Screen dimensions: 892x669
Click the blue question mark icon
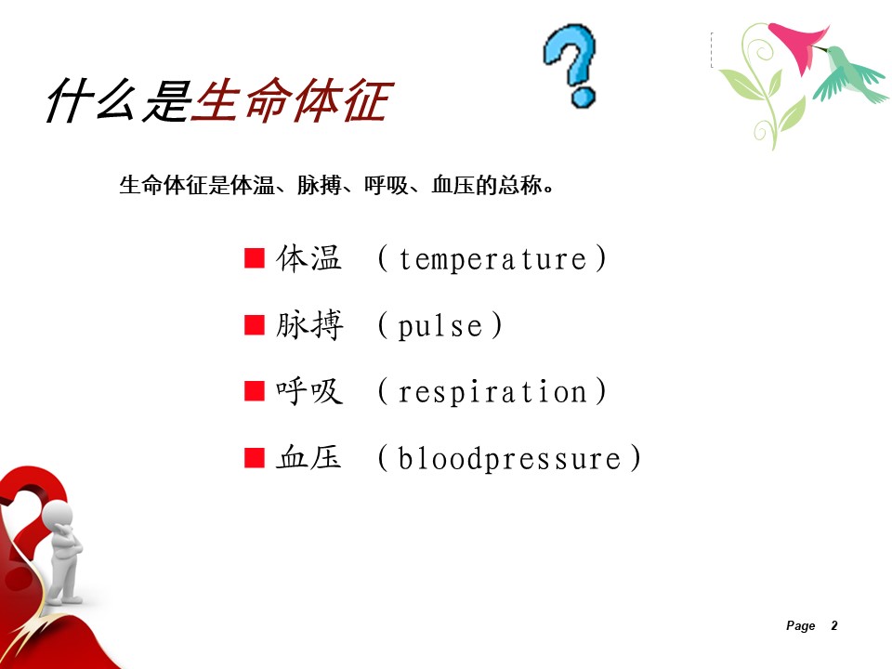coord(571,65)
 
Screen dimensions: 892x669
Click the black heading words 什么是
coord(119,100)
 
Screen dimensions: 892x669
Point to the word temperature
coord(492,259)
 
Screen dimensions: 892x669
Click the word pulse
coord(440,326)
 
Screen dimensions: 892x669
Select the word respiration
coord(492,392)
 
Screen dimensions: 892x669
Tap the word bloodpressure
coord(510,458)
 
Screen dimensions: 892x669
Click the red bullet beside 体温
coord(255,257)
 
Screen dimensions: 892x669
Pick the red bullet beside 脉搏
coord(255,325)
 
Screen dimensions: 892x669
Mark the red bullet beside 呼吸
coord(255,391)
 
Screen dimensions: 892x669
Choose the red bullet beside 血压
coord(255,457)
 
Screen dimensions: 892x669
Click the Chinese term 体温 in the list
coord(308,258)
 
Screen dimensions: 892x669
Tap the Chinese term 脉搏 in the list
coord(309,325)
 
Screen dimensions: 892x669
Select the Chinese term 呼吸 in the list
coord(309,391)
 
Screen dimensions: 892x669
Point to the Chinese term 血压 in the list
coord(308,457)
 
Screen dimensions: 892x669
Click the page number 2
coord(834,625)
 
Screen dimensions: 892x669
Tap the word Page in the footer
coord(800,626)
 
